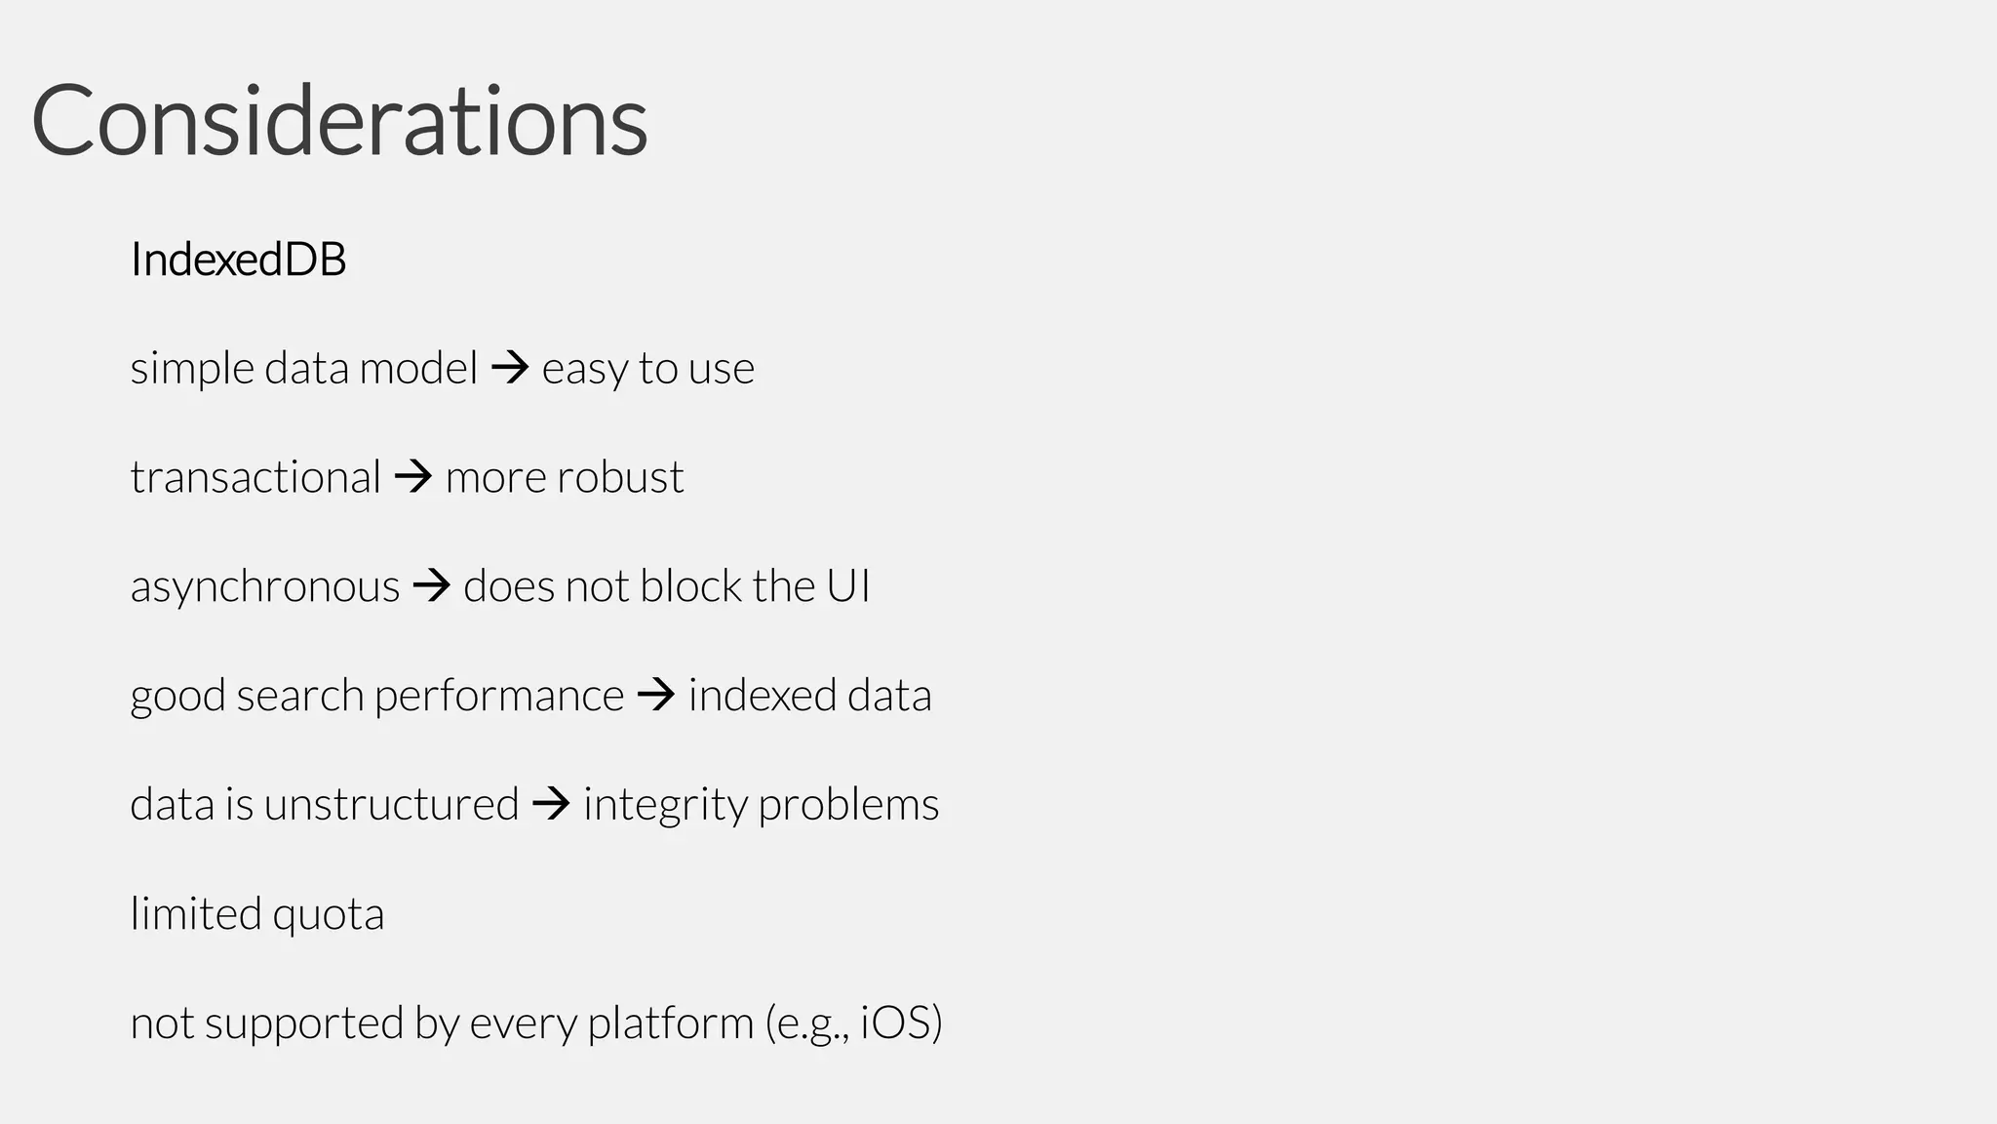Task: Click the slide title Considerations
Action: pos(339,121)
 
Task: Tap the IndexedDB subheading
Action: pos(238,260)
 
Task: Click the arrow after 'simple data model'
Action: pos(510,368)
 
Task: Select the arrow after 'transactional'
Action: pos(413,477)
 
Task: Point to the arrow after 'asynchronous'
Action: pos(432,586)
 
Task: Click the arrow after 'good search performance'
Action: pos(656,696)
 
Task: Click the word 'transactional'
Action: pos(255,477)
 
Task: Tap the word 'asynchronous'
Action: pos(265,586)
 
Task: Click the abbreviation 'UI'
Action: pos(848,586)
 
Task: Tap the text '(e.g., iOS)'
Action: pos(854,1024)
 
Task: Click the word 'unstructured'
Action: pos(391,805)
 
